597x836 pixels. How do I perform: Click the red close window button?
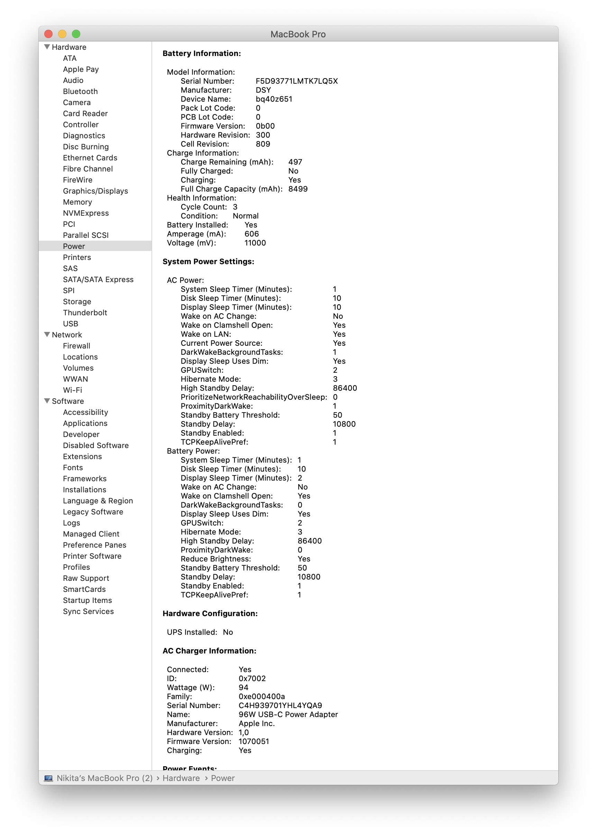[x=48, y=34]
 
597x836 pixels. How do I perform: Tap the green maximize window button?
[x=76, y=34]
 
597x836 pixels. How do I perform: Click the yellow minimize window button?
[x=62, y=34]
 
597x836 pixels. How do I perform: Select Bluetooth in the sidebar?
[x=80, y=92]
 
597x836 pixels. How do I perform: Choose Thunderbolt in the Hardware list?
[x=85, y=313]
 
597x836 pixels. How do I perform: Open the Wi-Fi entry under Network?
[x=72, y=390]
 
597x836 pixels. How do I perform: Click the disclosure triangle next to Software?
[x=47, y=401]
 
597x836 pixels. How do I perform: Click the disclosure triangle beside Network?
[x=47, y=335]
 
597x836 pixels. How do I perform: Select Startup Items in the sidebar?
[x=87, y=601]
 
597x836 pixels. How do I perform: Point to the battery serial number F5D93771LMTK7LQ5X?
[x=297, y=81]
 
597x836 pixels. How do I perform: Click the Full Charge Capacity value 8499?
[x=298, y=189]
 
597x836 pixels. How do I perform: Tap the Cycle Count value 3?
[x=235, y=207]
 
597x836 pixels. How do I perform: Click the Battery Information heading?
[x=201, y=54]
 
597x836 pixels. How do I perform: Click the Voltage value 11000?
[x=255, y=243]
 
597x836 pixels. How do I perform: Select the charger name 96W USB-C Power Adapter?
[x=288, y=715]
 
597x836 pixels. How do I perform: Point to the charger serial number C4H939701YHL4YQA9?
[x=280, y=706]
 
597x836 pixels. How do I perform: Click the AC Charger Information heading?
[x=209, y=651]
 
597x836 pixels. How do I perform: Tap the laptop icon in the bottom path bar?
[x=48, y=778]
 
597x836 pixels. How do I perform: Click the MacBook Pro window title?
[x=298, y=35]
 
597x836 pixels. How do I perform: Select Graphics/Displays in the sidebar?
[x=95, y=191]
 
